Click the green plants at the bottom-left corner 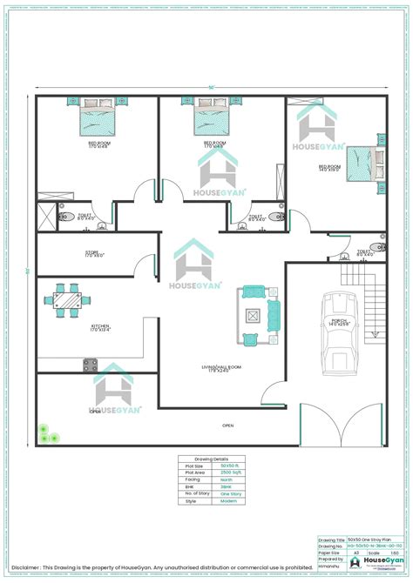(x=46, y=430)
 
